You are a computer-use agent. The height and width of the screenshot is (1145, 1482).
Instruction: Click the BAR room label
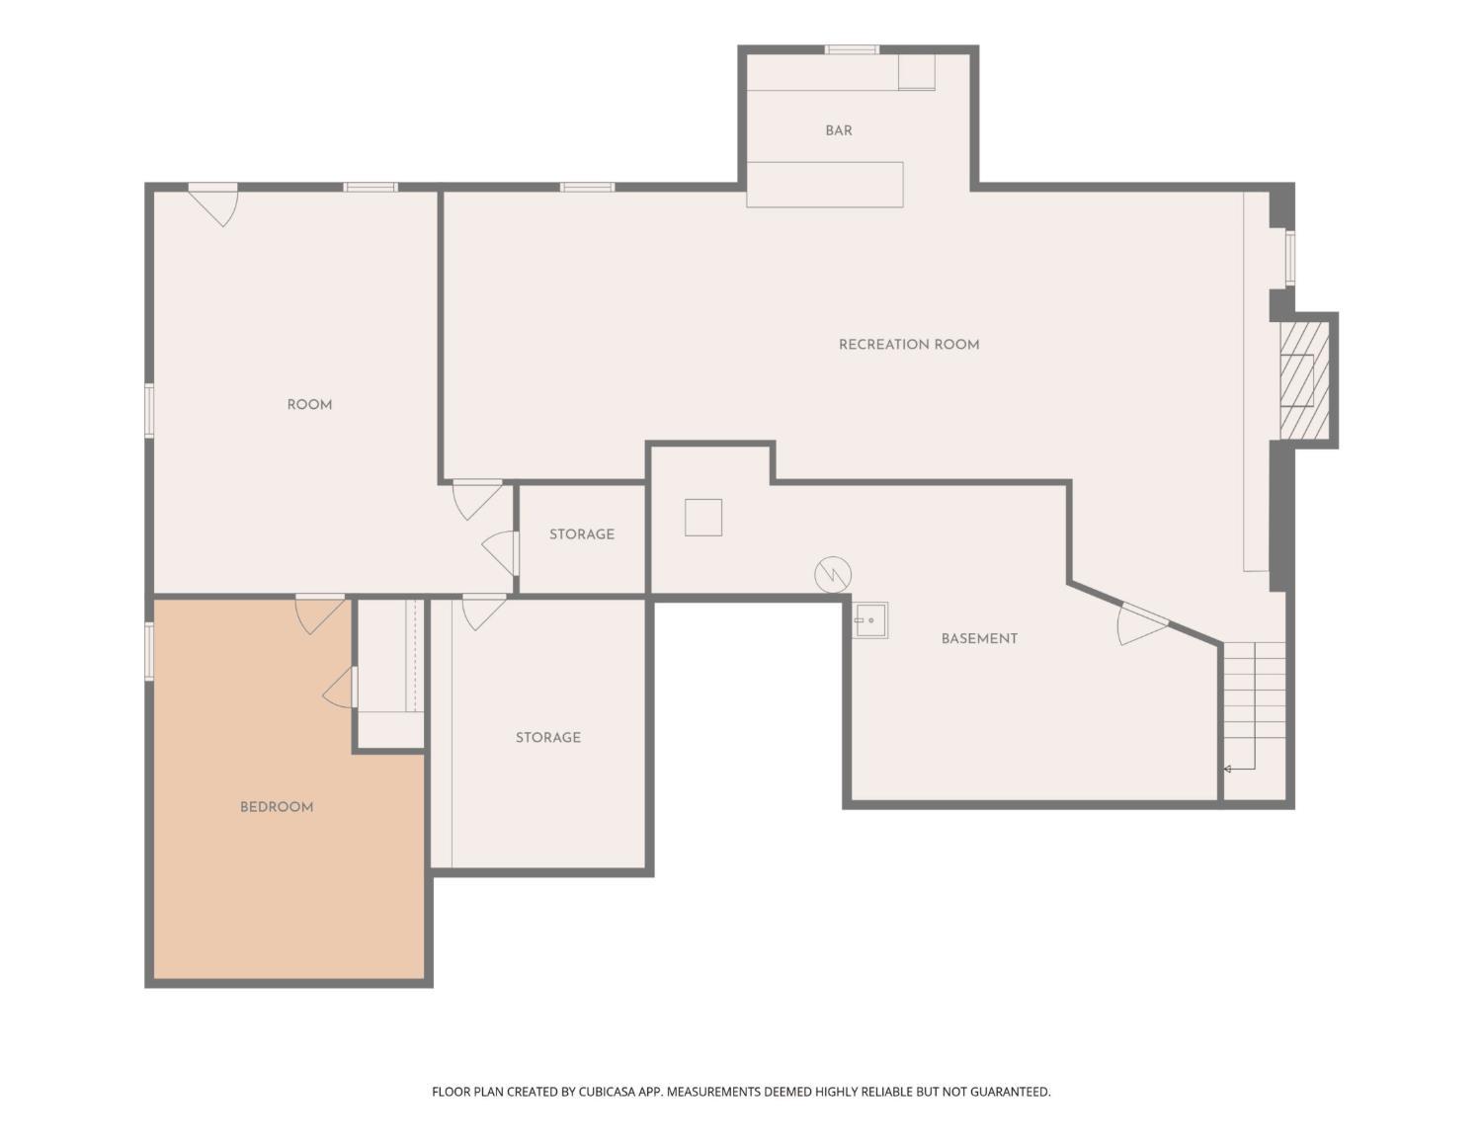pyautogui.click(x=838, y=130)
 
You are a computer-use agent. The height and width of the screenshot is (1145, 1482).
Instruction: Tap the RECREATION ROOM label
pyautogui.click(x=908, y=345)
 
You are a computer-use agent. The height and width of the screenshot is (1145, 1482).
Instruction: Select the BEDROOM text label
pyautogui.click(x=277, y=807)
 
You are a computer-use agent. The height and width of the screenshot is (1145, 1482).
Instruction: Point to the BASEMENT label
pyautogui.click(x=979, y=638)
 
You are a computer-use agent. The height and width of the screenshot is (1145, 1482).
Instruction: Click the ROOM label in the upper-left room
pyautogui.click(x=309, y=404)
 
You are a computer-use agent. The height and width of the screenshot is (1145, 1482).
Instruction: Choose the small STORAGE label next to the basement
pyautogui.click(x=582, y=533)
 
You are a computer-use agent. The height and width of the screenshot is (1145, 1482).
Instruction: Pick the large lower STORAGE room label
pyautogui.click(x=547, y=737)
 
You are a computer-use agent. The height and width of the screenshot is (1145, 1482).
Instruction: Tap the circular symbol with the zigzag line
pyautogui.click(x=833, y=574)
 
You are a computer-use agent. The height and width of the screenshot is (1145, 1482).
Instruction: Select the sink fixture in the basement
pyautogui.click(x=870, y=619)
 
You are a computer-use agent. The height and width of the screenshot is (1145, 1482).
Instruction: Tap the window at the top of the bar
pyautogui.click(x=852, y=49)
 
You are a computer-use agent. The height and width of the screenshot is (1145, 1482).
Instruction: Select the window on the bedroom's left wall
pyautogui.click(x=148, y=651)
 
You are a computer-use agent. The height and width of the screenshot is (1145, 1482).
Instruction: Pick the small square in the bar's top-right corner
pyautogui.click(x=916, y=71)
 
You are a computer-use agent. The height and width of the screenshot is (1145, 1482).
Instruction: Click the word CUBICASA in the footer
pyautogui.click(x=607, y=1092)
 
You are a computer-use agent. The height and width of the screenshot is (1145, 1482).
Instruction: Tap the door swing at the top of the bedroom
pyautogui.click(x=319, y=613)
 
